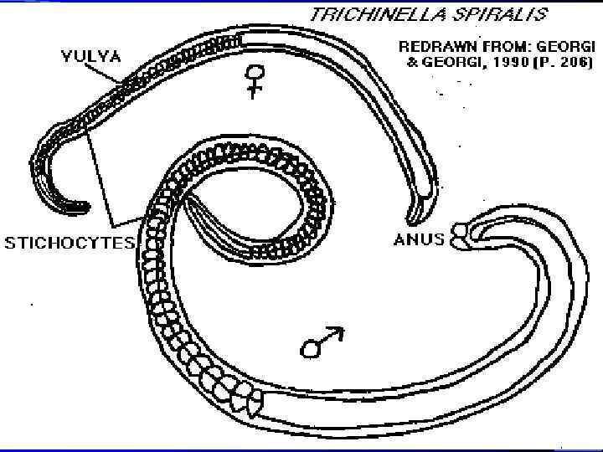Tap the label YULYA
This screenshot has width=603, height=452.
(90, 57)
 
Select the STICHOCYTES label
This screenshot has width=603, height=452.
(70, 243)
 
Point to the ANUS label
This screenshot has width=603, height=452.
(419, 239)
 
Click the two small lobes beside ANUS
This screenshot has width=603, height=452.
(459, 235)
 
